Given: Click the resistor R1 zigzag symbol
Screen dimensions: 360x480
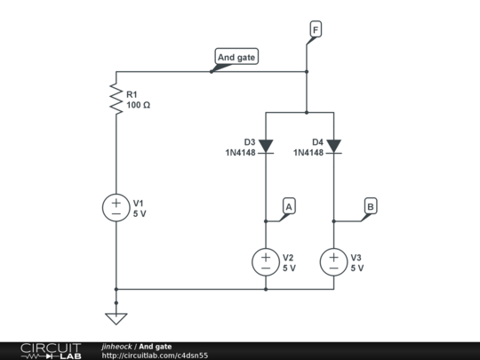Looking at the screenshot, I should tap(116, 98).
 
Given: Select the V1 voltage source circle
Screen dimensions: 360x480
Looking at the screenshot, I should tap(116, 209).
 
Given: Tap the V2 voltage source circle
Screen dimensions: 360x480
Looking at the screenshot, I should tap(266, 261).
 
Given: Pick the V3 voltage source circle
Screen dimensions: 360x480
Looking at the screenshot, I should tap(333, 261).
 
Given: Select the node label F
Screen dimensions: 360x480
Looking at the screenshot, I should tap(315, 30).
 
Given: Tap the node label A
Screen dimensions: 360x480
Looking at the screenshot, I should tap(288, 206).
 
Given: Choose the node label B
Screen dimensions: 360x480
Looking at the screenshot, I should tap(370, 206).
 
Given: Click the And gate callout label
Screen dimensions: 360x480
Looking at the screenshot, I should tap(236, 58).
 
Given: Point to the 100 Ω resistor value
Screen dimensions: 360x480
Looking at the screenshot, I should tap(139, 105).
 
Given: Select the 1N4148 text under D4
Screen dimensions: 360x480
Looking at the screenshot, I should tap(308, 152).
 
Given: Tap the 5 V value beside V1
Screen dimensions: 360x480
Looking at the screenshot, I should tap(140, 214).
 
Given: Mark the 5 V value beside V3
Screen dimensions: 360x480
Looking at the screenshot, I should tap(357, 268).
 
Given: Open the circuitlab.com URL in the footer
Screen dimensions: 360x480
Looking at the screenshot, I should tap(155, 355).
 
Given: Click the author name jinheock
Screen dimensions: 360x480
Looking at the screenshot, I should tap(117, 346).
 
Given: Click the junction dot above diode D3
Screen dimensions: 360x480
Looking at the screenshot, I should tap(306, 112).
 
